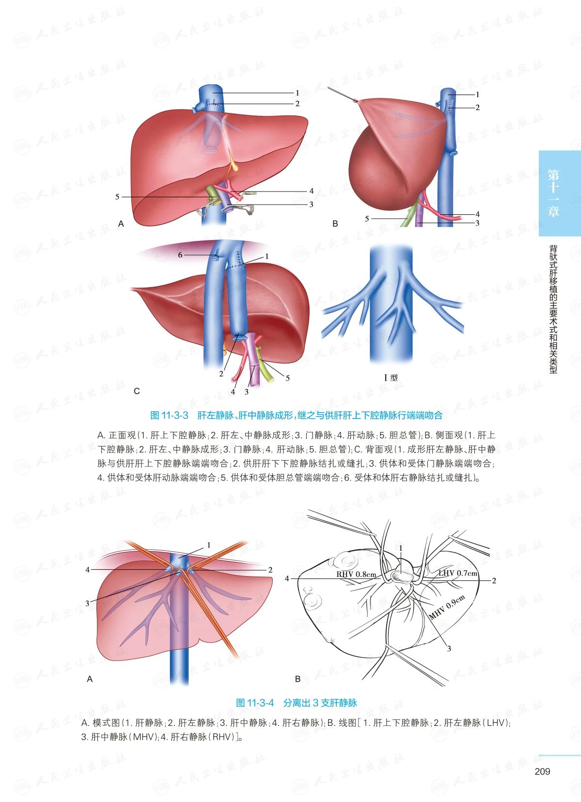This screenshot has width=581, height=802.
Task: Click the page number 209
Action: point(542,771)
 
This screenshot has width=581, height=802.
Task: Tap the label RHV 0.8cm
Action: point(356,575)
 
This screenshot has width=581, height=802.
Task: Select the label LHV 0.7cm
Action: point(458,573)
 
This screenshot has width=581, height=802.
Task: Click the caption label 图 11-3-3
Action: point(169,415)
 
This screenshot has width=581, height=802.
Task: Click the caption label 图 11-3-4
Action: point(254,703)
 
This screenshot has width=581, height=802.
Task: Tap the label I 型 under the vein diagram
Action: point(391,377)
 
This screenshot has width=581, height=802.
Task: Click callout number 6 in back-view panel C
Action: point(180,255)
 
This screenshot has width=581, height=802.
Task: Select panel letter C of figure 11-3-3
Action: point(137,391)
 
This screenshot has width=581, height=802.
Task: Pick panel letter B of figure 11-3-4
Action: point(298,679)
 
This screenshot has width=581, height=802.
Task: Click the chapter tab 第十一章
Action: point(553,193)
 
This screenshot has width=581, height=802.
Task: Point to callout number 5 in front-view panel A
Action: point(117,197)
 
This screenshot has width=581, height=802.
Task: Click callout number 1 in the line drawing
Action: point(401,548)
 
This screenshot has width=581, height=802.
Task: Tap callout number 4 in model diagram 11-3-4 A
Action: point(88,570)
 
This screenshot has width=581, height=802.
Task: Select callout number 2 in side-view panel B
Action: point(477,107)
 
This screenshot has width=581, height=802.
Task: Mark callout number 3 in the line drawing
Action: point(449,648)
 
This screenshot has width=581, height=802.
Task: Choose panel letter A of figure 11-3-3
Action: point(121,224)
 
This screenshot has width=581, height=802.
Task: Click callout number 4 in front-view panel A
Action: point(311,191)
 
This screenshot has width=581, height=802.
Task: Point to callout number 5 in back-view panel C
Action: point(287,378)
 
